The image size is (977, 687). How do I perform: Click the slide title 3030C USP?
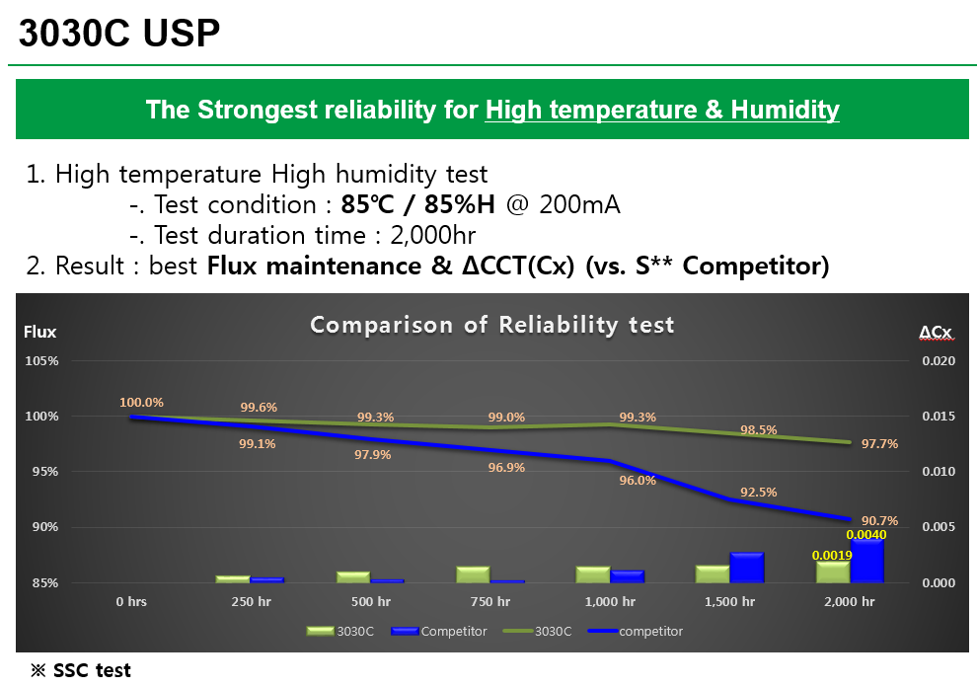point(119,33)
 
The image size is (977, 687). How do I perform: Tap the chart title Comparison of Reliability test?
point(492,325)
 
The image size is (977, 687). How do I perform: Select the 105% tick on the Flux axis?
point(41,361)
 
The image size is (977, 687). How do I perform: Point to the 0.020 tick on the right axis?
point(939,361)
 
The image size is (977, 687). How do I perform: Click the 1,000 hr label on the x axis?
point(610,601)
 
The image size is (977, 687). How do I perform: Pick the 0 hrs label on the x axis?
point(131,601)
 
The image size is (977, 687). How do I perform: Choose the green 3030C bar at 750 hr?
point(473,574)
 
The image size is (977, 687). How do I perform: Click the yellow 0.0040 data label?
point(866,534)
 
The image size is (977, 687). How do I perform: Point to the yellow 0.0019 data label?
point(832,555)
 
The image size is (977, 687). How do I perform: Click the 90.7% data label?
point(880,520)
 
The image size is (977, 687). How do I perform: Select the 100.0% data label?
point(141,403)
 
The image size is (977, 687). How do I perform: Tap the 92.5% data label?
point(758,493)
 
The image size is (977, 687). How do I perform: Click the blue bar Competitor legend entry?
point(438,631)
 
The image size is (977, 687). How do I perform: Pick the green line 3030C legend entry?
point(537,631)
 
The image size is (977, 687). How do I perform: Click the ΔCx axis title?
point(936,333)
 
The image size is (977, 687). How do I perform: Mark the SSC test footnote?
point(81,670)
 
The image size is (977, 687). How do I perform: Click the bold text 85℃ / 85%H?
point(418,204)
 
